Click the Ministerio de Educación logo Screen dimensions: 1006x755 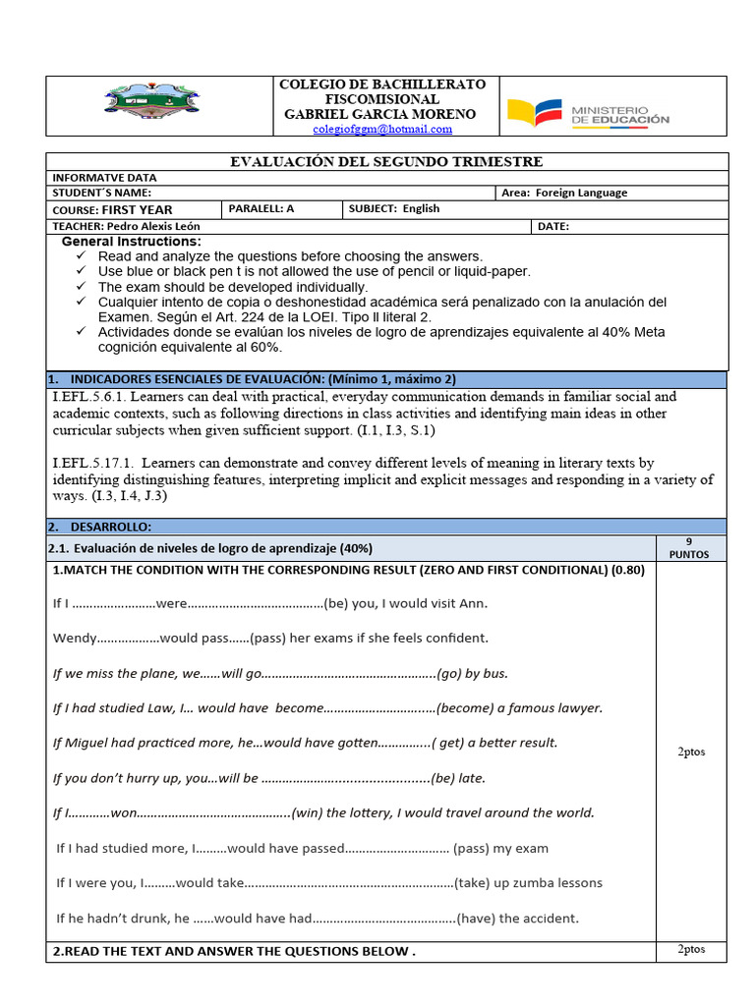point(588,113)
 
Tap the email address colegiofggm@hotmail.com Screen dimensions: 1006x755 point(382,129)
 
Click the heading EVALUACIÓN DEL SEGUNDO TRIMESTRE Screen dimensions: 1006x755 point(385,161)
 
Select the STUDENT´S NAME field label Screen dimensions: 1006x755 point(101,193)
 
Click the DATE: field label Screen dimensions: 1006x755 point(553,226)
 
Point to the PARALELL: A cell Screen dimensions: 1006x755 point(261,208)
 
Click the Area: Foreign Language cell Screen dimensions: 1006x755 point(563,193)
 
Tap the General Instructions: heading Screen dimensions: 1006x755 point(131,242)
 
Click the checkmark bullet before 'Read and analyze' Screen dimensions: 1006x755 point(82,256)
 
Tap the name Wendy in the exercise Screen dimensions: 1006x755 point(75,638)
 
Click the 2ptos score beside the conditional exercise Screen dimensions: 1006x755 point(691,752)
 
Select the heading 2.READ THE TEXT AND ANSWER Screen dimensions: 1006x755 point(234,951)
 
